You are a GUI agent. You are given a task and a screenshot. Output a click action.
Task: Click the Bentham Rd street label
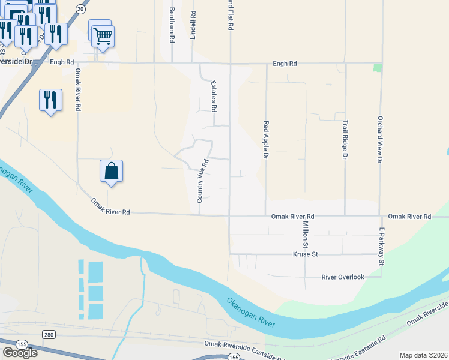click(172, 25)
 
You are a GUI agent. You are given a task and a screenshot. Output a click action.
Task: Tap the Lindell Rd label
click(193, 25)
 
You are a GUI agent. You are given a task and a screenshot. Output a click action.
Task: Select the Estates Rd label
click(213, 97)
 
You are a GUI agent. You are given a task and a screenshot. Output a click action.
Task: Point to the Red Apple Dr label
click(265, 140)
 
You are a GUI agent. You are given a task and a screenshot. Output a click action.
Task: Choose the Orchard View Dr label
click(380, 140)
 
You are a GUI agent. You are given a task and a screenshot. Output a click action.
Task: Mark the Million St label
click(305, 235)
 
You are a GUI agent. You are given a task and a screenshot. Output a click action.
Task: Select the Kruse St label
click(304, 254)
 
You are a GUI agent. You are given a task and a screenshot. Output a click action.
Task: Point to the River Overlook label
click(343, 277)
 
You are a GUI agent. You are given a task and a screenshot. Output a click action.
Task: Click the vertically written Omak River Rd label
click(78, 90)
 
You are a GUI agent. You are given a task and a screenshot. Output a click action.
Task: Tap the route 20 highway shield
click(80, 8)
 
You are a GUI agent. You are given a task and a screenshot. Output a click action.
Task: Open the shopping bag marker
click(112, 171)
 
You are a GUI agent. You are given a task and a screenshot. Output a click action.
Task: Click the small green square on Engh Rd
click(377, 67)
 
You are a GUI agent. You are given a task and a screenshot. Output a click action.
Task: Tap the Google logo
click(19, 353)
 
